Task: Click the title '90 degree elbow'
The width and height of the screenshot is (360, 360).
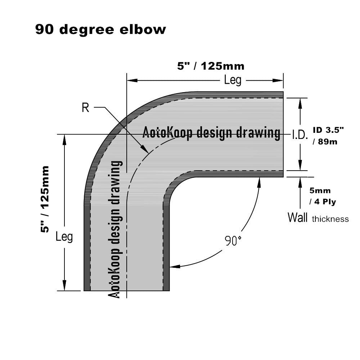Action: (x=100, y=30)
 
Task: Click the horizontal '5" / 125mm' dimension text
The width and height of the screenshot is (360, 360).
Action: (x=211, y=66)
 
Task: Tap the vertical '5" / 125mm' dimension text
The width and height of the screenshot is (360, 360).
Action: (x=45, y=199)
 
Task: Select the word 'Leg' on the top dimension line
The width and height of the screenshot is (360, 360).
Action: (x=233, y=80)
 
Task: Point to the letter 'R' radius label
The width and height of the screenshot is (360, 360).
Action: (x=85, y=107)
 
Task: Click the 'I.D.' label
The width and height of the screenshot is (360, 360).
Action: (x=300, y=135)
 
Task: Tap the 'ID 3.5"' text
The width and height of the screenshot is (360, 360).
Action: (x=328, y=130)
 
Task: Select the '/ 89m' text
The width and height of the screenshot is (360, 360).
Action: (x=325, y=141)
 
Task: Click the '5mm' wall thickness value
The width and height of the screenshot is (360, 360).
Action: (x=320, y=190)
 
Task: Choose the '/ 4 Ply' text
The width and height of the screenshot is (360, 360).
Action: (x=323, y=202)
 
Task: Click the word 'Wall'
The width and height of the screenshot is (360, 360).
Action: (x=297, y=217)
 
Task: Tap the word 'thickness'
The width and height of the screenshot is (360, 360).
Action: (x=330, y=219)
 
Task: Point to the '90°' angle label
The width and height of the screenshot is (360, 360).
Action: (x=233, y=240)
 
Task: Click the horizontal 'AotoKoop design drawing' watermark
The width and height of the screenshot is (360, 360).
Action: (x=211, y=132)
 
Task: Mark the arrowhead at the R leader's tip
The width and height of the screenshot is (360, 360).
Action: (x=145, y=149)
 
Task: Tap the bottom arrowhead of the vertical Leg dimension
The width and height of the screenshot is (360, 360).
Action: (x=64, y=286)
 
